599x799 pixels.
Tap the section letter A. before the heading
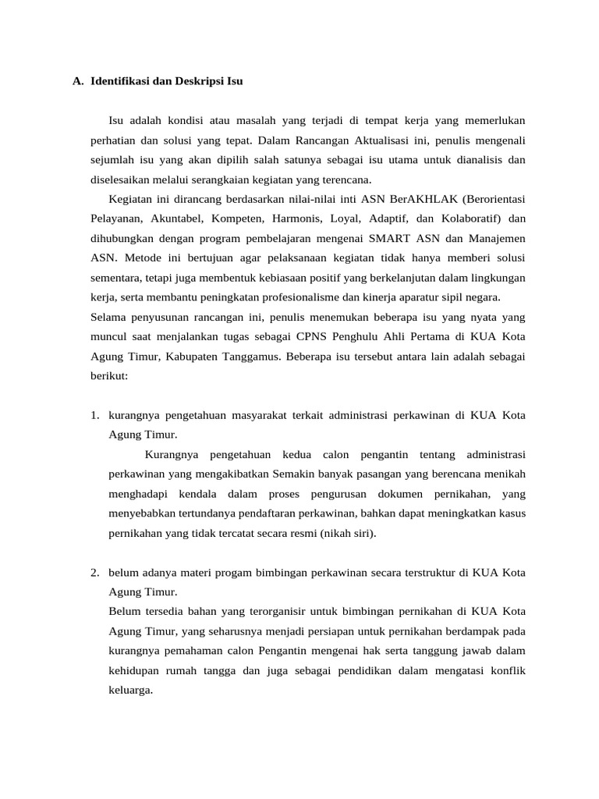tap(77, 80)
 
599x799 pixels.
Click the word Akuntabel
tap(179, 218)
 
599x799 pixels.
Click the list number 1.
tap(94, 415)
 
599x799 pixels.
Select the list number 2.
tap(94, 574)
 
